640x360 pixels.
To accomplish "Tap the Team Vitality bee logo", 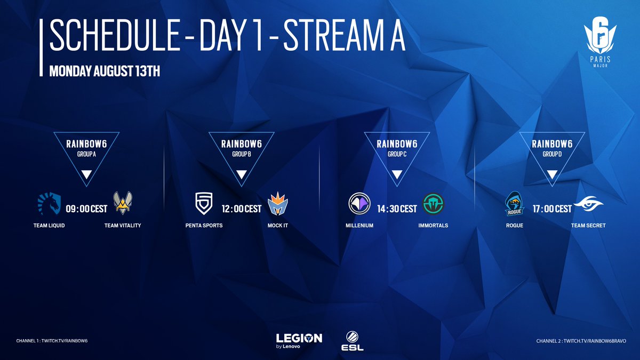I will [x=123, y=203].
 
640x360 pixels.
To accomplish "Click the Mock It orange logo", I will [x=278, y=203].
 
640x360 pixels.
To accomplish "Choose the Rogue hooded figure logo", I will [x=515, y=204].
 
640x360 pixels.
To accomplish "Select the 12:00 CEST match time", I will [x=241, y=209].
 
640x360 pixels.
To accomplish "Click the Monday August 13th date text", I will [x=105, y=71].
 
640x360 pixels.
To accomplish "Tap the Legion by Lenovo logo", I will [x=299, y=340].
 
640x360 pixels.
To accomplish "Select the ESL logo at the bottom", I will [x=352, y=342].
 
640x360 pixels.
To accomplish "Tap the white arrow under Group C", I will [x=396, y=174].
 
